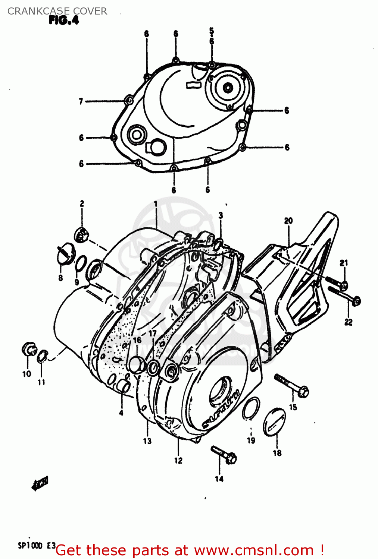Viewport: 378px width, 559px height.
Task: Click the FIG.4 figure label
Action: point(64,20)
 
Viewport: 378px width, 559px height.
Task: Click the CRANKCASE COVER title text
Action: point(57,11)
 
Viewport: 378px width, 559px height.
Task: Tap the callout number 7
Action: point(81,101)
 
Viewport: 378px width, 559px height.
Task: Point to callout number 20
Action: point(288,221)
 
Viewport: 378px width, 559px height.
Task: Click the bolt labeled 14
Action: point(224,455)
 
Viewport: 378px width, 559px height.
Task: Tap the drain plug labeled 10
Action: point(29,350)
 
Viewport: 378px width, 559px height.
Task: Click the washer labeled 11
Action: point(42,356)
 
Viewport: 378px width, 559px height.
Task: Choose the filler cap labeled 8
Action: point(64,253)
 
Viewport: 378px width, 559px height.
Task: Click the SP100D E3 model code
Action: point(37,546)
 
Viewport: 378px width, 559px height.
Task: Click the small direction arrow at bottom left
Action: point(40,483)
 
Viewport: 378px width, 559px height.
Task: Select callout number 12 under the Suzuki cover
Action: point(178,461)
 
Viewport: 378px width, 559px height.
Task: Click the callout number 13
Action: point(147,441)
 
